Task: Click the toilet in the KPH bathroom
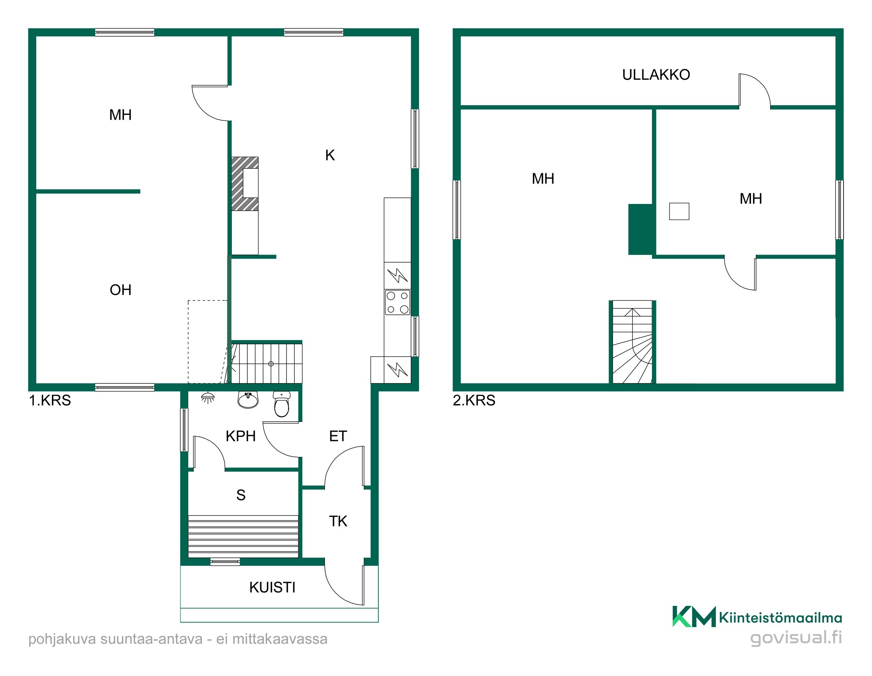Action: tap(282, 404)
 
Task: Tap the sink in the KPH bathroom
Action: tap(248, 400)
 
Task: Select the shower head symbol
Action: tap(207, 397)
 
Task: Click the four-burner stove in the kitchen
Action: tap(397, 303)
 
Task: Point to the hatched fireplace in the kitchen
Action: tap(245, 184)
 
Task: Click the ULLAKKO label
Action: tap(656, 75)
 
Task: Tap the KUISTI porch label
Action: tap(272, 587)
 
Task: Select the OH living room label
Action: tap(120, 290)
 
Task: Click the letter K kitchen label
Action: tap(330, 155)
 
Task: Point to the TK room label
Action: tap(338, 521)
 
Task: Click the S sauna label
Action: tap(241, 495)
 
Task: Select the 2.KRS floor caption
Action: tap(474, 400)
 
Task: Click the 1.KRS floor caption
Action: tap(50, 400)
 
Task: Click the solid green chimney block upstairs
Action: tap(641, 229)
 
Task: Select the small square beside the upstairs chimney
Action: tap(679, 211)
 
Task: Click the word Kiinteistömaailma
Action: tap(780, 618)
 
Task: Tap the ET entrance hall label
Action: tap(338, 436)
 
